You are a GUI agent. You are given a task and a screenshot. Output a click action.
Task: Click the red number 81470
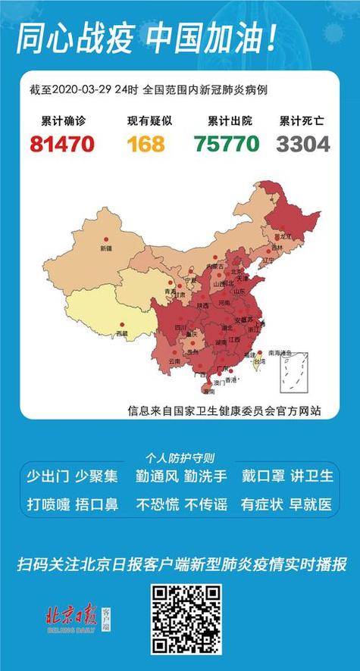(62, 143)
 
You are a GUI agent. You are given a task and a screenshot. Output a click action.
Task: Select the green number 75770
(227, 143)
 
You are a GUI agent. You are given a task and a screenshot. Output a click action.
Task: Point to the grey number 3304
(303, 143)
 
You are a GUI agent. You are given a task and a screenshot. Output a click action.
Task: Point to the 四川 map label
(180, 327)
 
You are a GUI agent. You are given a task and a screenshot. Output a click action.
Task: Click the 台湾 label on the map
(258, 363)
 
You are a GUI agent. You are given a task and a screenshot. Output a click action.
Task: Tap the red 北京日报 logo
(72, 615)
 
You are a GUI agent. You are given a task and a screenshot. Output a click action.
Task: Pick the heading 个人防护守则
(180, 458)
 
